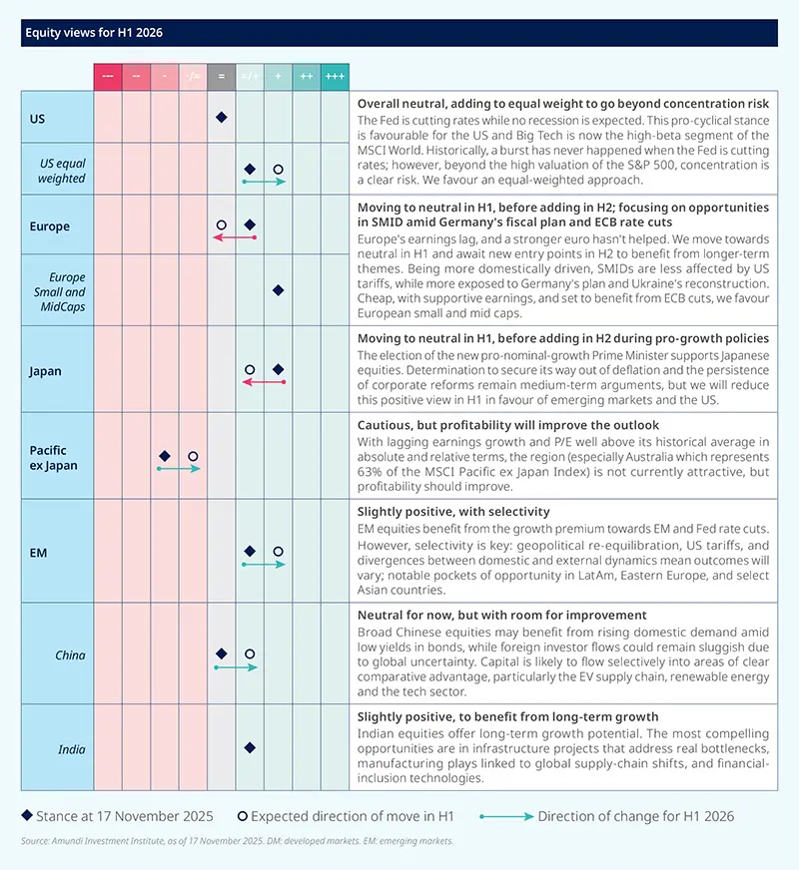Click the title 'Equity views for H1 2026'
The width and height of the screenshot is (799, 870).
pyautogui.click(x=92, y=32)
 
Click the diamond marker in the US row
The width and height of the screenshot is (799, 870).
pyautogui.click(x=222, y=118)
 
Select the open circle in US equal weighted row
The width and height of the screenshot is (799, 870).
pyautogui.click(x=279, y=171)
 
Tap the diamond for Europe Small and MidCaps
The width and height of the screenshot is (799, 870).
pyautogui.click(x=279, y=290)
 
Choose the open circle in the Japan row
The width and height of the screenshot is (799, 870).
pyautogui.click(x=250, y=370)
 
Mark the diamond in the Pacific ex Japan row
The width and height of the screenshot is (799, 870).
pyautogui.click(x=165, y=456)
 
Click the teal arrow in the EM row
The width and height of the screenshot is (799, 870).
pyautogui.click(x=264, y=565)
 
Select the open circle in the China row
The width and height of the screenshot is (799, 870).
pyautogui.click(x=250, y=654)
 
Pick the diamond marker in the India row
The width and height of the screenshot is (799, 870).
pyautogui.click(x=250, y=746)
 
